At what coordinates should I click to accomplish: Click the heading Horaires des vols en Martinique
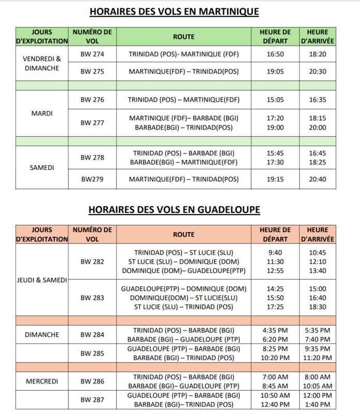pos(174,11)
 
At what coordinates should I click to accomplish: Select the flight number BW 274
pos(92,54)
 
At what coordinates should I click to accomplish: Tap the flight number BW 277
pos(92,123)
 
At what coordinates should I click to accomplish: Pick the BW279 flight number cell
pos(92,179)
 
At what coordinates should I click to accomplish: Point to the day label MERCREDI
pos(42,381)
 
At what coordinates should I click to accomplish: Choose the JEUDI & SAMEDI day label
pos(42,280)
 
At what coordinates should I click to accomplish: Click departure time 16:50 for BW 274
pos(275,54)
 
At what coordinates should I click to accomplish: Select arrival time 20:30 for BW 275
pos(318,72)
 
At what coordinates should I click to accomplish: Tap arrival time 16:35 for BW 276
pos(318,99)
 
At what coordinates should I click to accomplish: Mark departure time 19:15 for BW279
pos(275,179)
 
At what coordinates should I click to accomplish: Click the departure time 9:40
pos(275,252)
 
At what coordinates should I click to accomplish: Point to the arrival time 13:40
pos(318,270)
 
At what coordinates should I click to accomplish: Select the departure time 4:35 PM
pos(275,330)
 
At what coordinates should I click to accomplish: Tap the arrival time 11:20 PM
pos(318,358)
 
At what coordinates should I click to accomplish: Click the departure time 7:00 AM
pos(275,377)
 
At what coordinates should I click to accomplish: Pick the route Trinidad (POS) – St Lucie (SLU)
pos(184,252)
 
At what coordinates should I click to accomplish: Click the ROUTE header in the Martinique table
pos(184,36)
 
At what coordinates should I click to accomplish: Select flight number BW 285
pos(92,353)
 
